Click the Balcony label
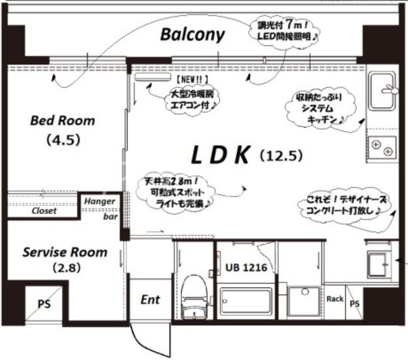pyautogui.click(x=192, y=34)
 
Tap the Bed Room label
pyautogui.click(x=62, y=121)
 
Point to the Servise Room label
pyautogui.click(x=65, y=252)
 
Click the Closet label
pyautogui.click(x=44, y=211)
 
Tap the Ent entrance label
pyautogui.click(x=150, y=299)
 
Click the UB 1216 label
pyautogui.click(x=246, y=267)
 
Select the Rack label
pyautogui.click(x=335, y=299)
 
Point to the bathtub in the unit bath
pyautogui.click(x=246, y=302)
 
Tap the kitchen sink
pyautogui.click(x=381, y=90)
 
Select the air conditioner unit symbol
pyautogui.click(x=152, y=77)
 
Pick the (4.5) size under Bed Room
pyautogui.click(x=63, y=139)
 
